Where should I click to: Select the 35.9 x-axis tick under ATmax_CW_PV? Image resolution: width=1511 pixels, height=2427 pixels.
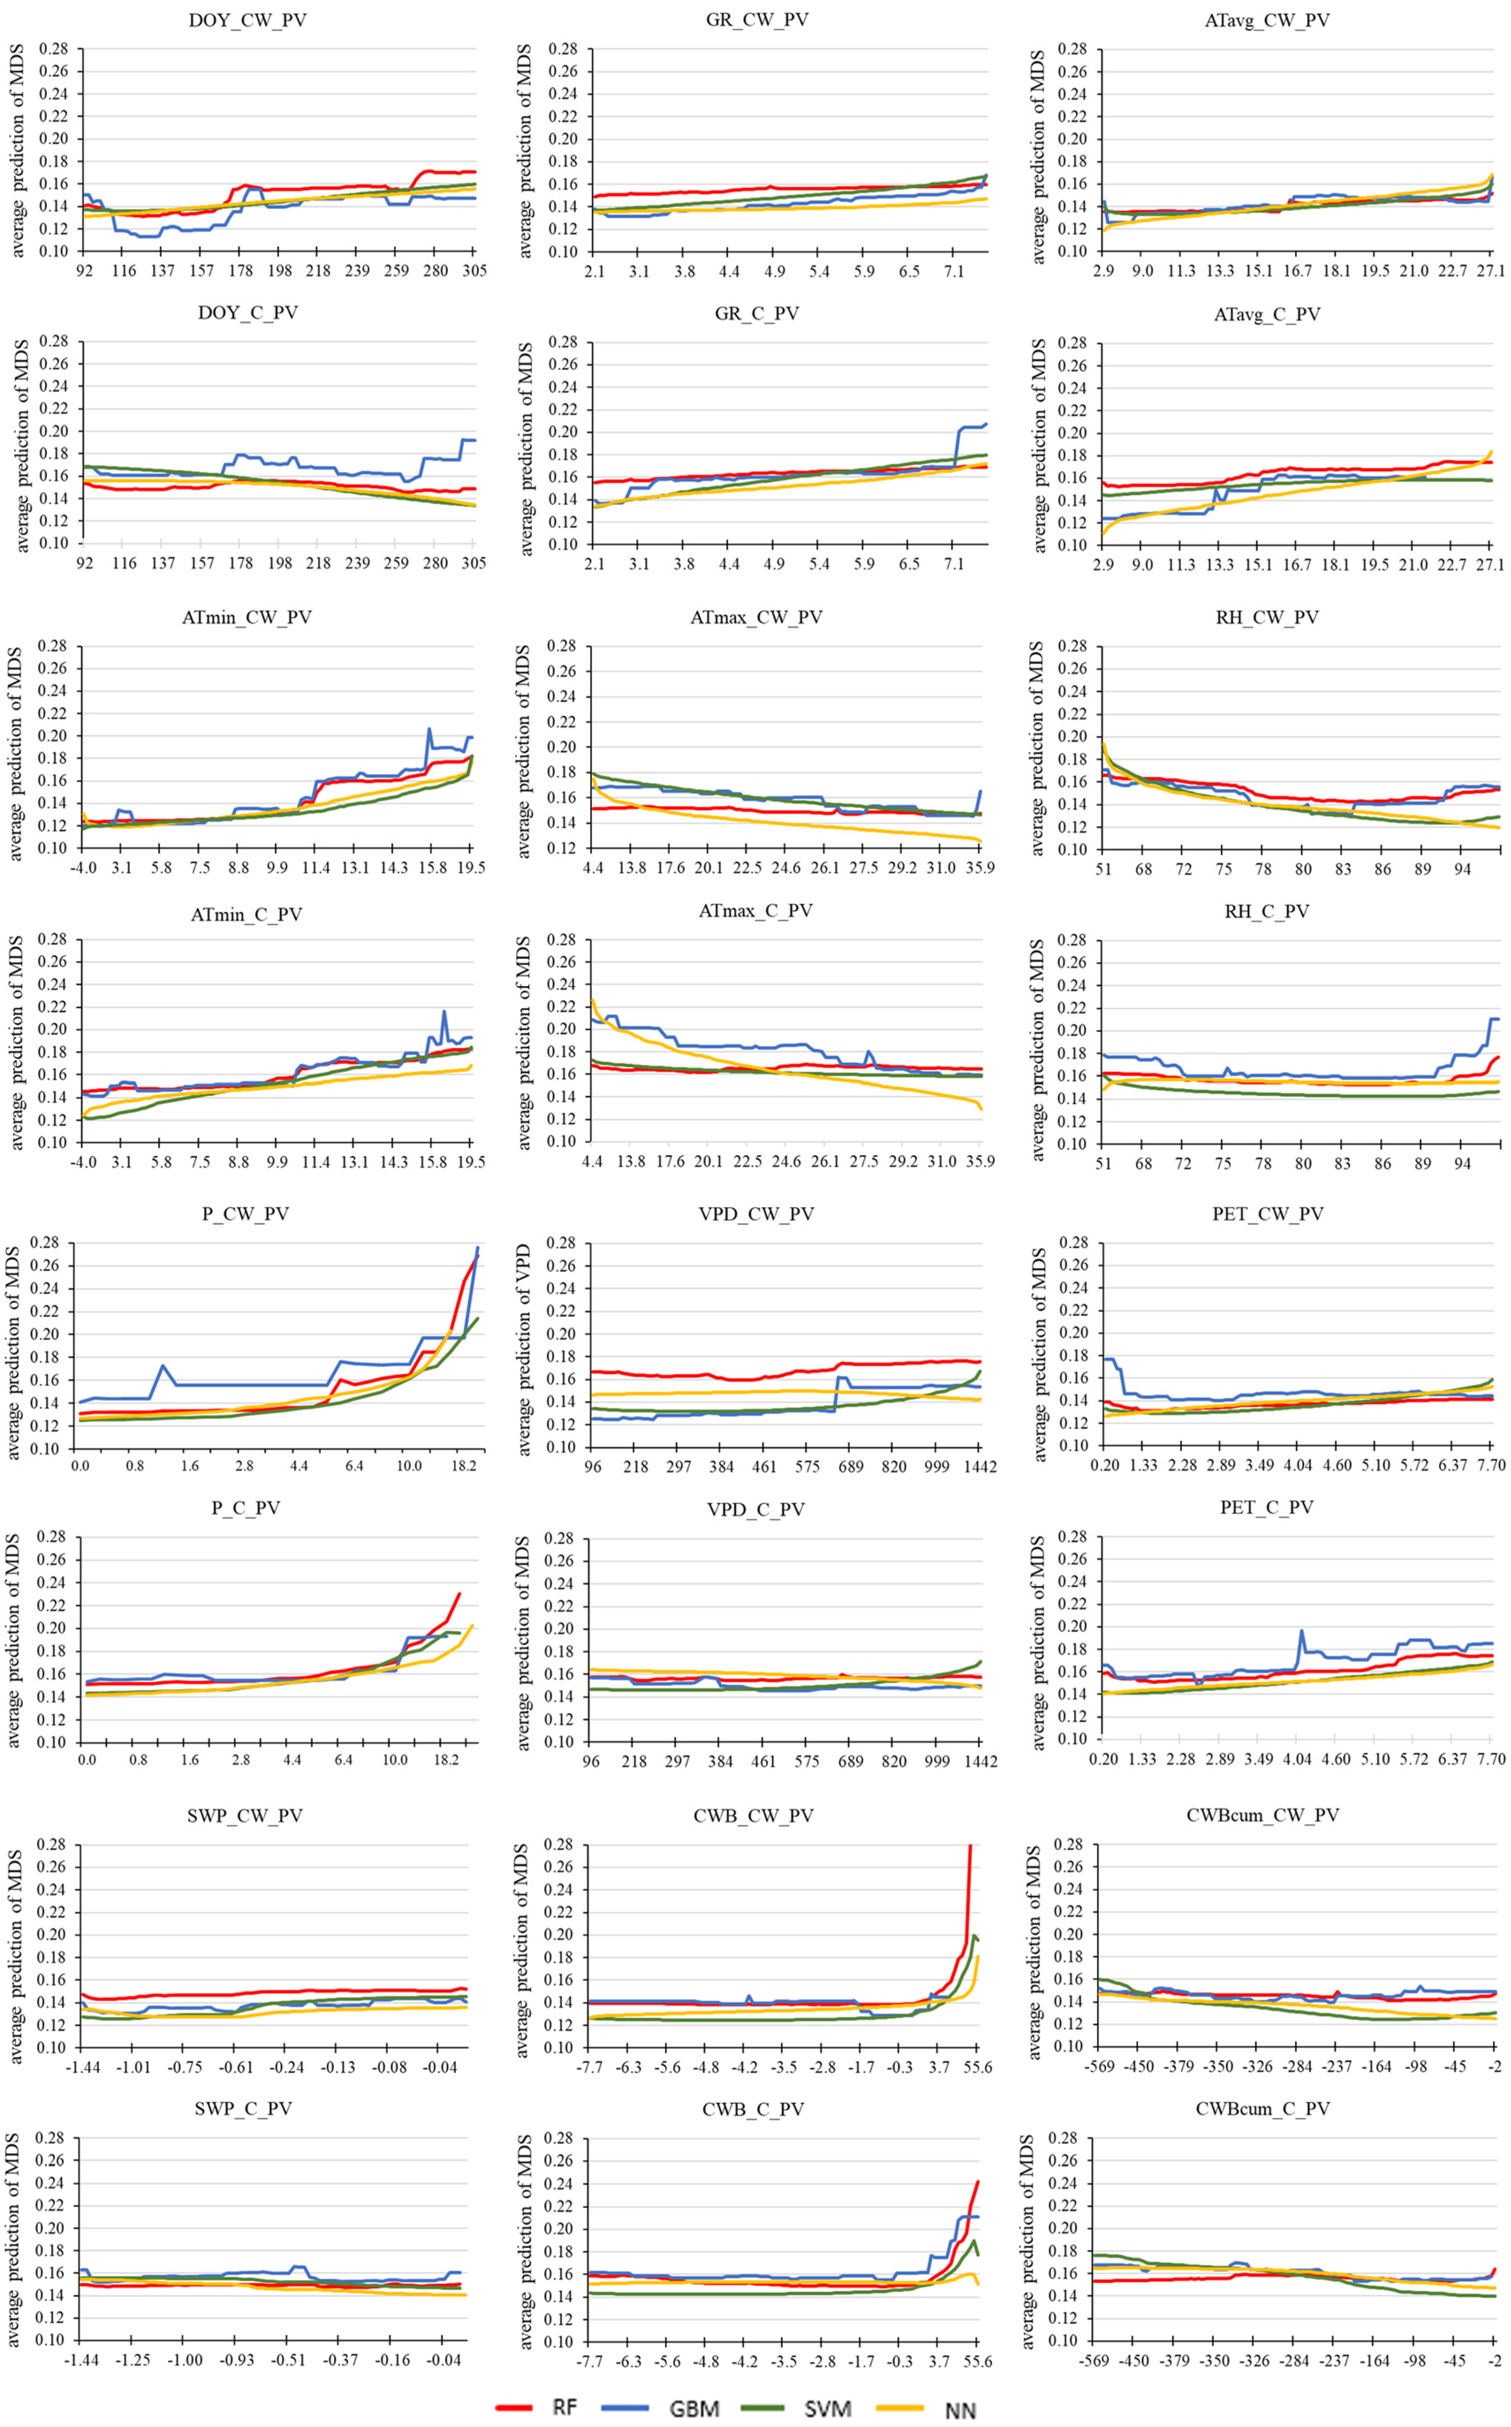point(979,867)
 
